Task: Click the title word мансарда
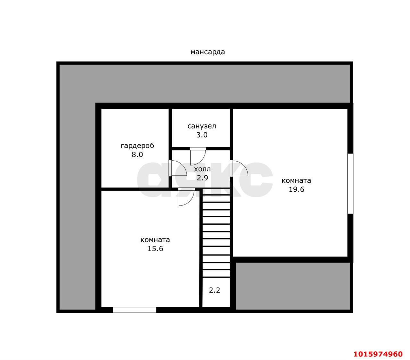click(x=208, y=52)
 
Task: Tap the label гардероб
click(x=137, y=146)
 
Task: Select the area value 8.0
click(x=137, y=155)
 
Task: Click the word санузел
click(x=201, y=126)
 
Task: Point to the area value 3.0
click(x=202, y=135)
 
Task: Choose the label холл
click(x=202, y=169)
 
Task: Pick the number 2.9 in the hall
click(x=202, y=178)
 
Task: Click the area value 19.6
click(x=296, y=189)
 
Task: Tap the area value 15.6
click(x=155, y=248)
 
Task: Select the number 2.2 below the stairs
click(x=214, y=290)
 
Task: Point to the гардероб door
click(x=178, y=168)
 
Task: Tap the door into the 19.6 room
click(x=239, y=168)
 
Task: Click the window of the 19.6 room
click(x=350, y=184)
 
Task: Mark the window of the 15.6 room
click(x=135, y=310)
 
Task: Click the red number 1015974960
click(x=378, y=354)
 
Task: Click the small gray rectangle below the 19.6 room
click(x=293, y=286)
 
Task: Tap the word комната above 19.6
click(x=296, y=180)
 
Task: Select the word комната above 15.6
click(x=155, y=240)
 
